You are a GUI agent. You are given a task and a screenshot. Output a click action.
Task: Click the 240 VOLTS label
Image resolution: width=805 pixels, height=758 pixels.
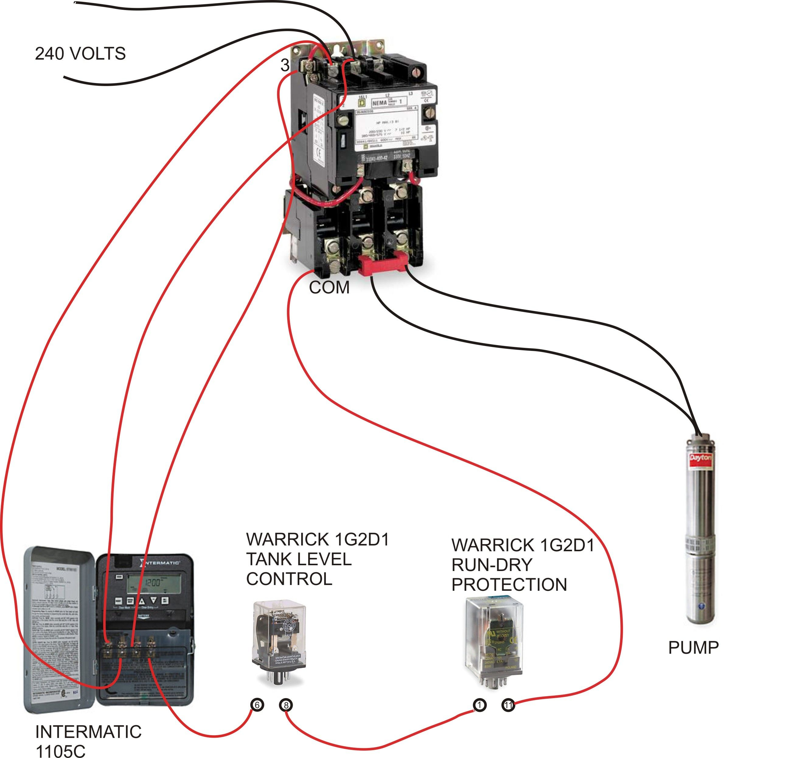pos(80,54)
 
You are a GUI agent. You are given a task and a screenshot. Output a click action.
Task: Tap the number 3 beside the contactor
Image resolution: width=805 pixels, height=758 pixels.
pos(285,65)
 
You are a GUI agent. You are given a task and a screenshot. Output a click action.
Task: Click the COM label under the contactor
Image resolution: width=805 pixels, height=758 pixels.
pos(329,288)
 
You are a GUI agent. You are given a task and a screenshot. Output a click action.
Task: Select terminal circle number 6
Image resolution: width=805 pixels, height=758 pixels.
pos(257,705)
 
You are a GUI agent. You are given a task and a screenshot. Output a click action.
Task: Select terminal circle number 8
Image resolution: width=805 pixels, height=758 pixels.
pos(286,705)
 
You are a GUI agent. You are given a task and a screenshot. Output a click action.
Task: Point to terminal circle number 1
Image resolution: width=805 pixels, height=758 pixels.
pos(479,705)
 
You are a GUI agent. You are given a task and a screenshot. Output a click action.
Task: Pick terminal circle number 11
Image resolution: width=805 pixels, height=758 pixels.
pos(508,705)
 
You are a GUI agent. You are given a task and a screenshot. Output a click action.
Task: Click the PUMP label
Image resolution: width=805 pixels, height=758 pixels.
pos(693,648)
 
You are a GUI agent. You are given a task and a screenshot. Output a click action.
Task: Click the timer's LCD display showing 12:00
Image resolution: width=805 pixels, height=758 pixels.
pos(153,583)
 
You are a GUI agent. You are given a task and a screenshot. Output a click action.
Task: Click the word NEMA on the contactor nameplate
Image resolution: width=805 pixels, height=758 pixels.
pos(379,103)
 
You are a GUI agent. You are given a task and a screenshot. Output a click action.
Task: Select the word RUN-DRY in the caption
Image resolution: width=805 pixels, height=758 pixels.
pos(492,565)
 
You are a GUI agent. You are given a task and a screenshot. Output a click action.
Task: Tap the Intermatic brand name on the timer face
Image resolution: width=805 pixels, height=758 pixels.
pos(162,563)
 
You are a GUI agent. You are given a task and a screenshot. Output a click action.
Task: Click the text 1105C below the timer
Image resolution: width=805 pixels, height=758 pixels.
pos(61,751)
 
